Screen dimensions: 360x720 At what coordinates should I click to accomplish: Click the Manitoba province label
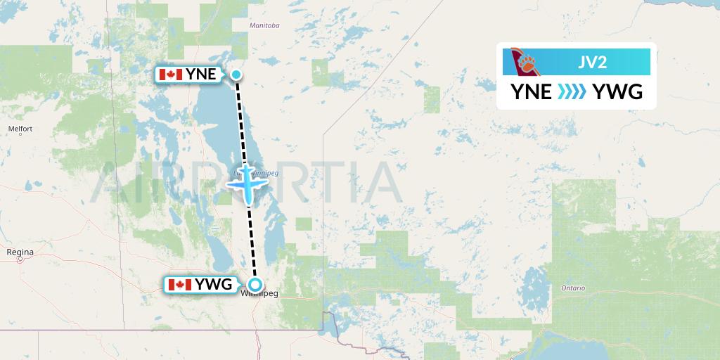click(x=264, y=26)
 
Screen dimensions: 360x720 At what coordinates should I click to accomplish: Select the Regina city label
click(x=20, y=251)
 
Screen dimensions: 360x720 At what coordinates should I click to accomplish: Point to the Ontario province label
click(x=574, y=288)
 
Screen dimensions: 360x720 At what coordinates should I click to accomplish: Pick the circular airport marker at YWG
click(x=255, y=285)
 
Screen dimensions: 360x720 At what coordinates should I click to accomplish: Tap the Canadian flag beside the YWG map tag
click(x=180, y=285)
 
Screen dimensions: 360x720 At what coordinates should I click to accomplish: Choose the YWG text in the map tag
click(x=214, y=285)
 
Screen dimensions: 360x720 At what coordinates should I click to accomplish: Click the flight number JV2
click(x=593, y=63)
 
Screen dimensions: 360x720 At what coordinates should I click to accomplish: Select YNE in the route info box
click(x=532, y=92)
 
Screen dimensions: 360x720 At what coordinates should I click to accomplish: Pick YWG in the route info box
click(x=618, y=92)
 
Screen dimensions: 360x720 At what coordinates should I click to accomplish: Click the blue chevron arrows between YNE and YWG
click(x=572, y=92)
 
